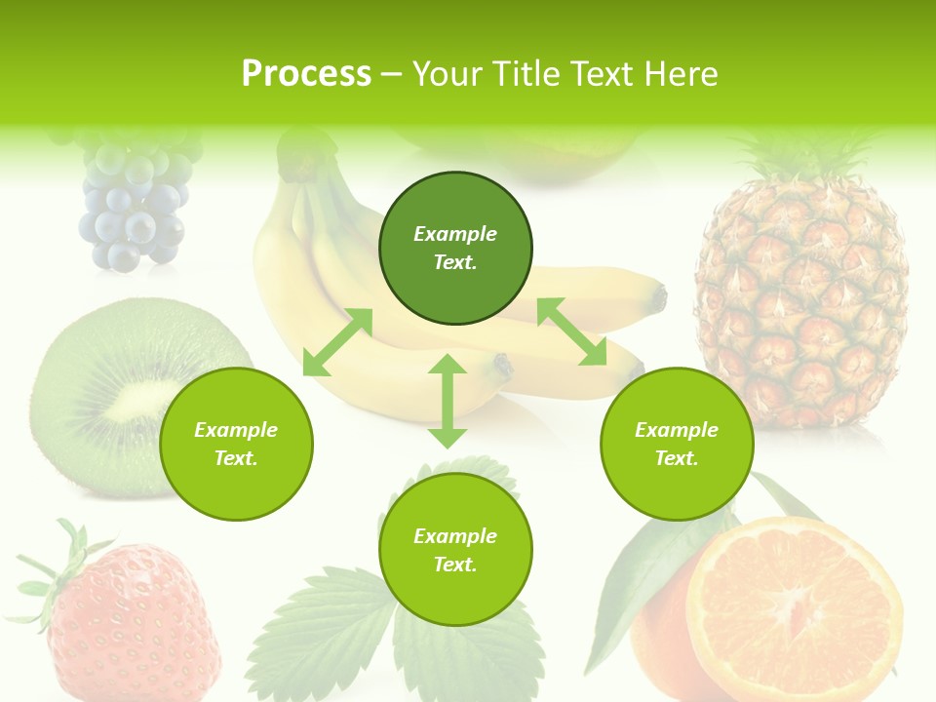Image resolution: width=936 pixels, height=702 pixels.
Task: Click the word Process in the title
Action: click(306, 74)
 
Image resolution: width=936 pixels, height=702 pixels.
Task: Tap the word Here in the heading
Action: click(681, 74)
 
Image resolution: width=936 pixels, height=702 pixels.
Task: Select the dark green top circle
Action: click(455, 248)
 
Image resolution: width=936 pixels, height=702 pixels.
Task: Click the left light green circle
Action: click(236, 444)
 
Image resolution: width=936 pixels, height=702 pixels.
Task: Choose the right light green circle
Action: click(677, 444)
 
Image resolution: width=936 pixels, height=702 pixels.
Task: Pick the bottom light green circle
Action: click(455, 550)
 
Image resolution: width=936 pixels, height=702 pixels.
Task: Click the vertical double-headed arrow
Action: click(448, 401)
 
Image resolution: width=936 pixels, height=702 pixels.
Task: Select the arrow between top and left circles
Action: click(337, 342)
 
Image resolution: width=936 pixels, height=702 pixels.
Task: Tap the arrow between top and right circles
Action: click(571, 332)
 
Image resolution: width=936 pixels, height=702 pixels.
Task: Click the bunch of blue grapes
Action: click(133, 210)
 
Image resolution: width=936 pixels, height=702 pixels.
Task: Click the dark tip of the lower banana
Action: click(503, 367)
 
